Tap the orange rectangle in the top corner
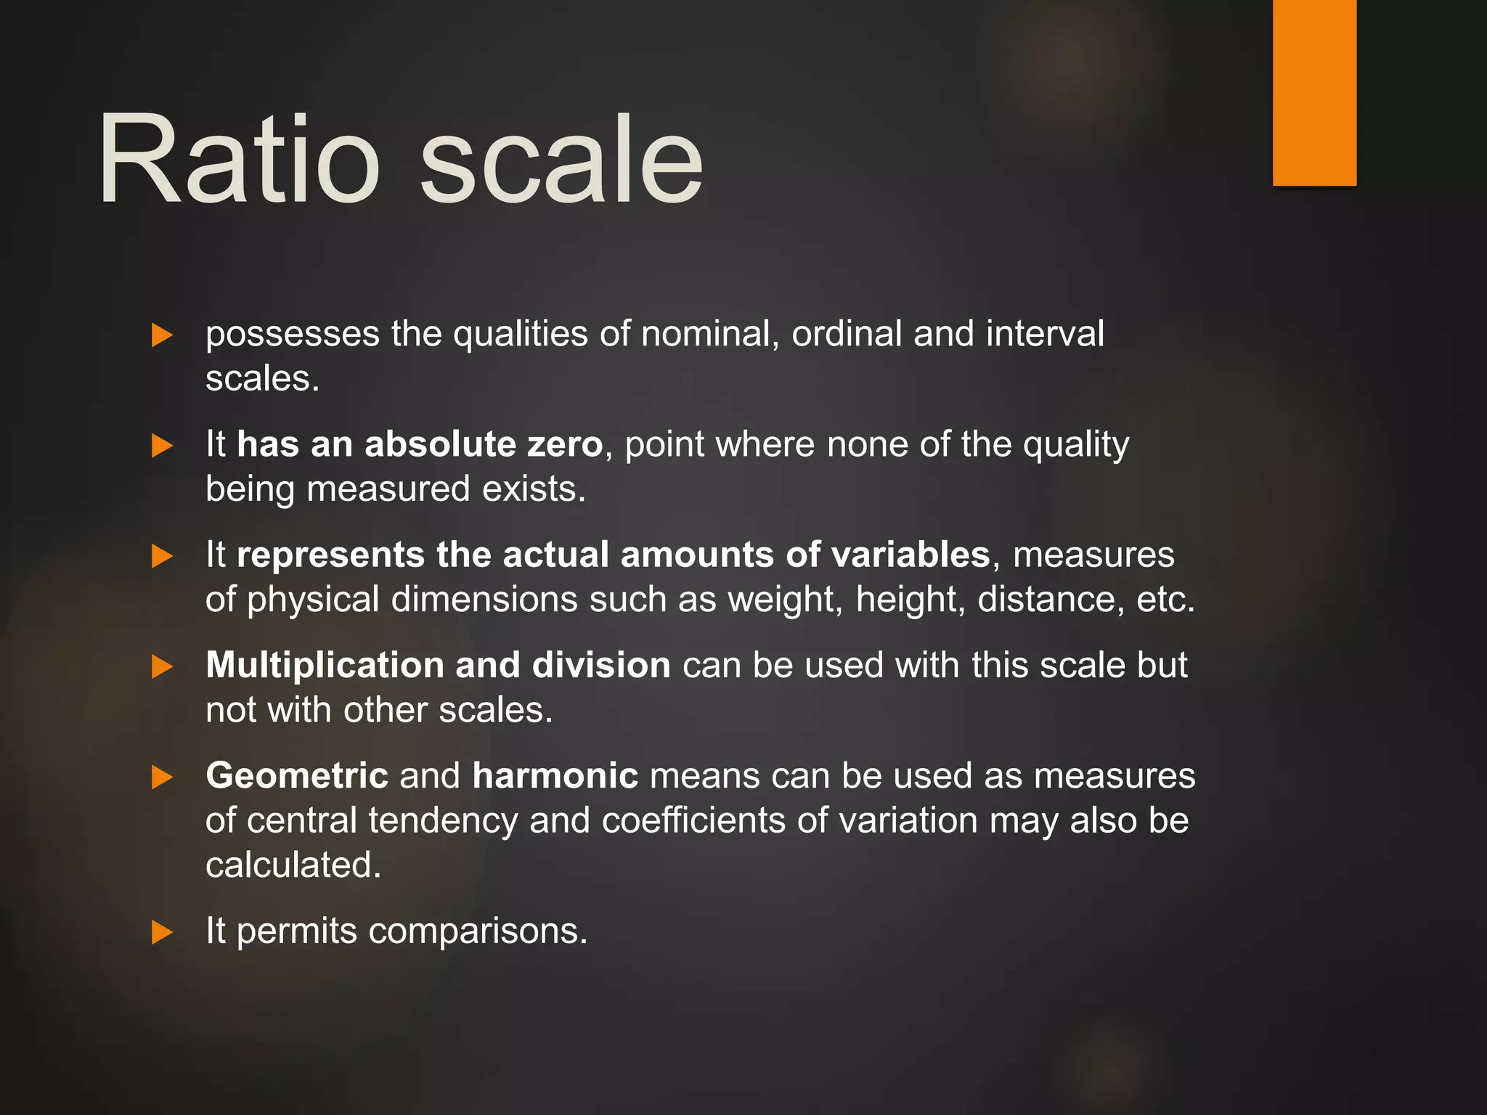(x=1314, y=92)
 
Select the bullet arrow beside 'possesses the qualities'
(x=162, y=335)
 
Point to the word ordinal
(x=846, y=334)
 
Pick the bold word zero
(x=565, y=444)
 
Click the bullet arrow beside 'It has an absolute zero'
(x=162, y=446)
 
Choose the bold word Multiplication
(x=325, y=666)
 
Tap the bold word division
(x=600, y=666)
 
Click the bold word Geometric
(x=296, y=776)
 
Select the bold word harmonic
(x=555, y=776)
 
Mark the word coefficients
(x=693, y=821)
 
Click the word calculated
(x=293, y=865)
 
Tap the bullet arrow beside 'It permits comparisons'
(x=162, y=933)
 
